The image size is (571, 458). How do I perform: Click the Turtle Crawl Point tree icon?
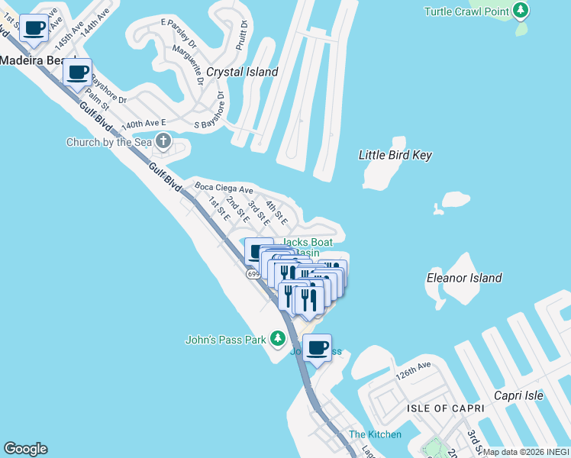point(521,11)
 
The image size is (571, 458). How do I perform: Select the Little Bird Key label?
point(395,156)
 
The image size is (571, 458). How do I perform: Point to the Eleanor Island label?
point(464,278)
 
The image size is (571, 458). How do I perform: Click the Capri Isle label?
point(518,395)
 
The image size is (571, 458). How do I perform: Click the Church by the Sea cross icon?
point(163,140)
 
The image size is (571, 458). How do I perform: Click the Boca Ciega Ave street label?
point(224,189)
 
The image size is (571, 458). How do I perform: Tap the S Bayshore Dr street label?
point(210,111)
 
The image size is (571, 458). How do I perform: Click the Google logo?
point(25,449)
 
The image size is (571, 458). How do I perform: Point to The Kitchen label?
point(375,434)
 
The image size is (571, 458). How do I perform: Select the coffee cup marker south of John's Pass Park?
point(317,349)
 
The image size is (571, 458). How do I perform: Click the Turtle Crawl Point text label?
point(467,11)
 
